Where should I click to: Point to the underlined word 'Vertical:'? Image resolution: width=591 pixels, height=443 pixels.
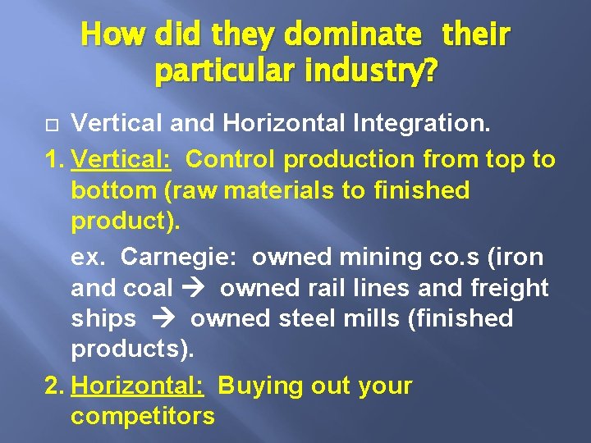121,158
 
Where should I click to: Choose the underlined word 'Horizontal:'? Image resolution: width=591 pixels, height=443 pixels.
137,385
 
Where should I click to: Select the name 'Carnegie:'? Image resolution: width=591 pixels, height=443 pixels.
178,257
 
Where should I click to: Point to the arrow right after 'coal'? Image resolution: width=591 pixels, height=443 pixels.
197,289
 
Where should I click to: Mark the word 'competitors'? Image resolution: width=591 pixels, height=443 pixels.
143,416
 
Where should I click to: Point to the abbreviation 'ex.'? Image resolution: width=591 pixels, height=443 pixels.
88,257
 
